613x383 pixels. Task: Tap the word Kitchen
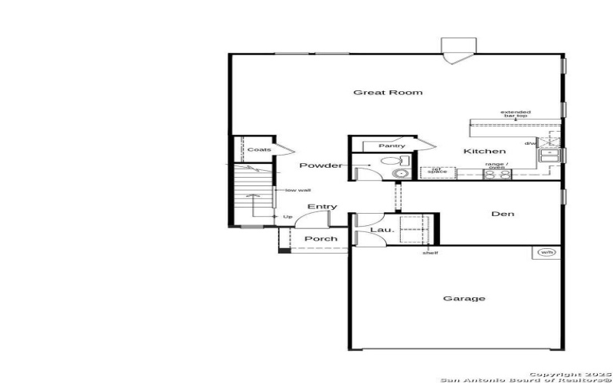[484, 152]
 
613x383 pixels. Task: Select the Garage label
[464, 299]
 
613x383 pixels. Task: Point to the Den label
[503, 214]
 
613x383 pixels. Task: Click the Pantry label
[392, 146]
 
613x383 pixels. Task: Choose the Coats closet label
[254, 149]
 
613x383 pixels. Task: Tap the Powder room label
[321, 165]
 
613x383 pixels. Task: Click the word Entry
[322, 207]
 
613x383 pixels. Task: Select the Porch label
[321, 239]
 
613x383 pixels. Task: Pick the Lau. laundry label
[382, 229]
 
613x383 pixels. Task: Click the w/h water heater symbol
[546, 252]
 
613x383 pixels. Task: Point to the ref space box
[437, 172]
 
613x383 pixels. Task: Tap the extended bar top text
[516, 115]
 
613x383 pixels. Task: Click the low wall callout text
[297, 190]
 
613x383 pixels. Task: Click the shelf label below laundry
[431, 253]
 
